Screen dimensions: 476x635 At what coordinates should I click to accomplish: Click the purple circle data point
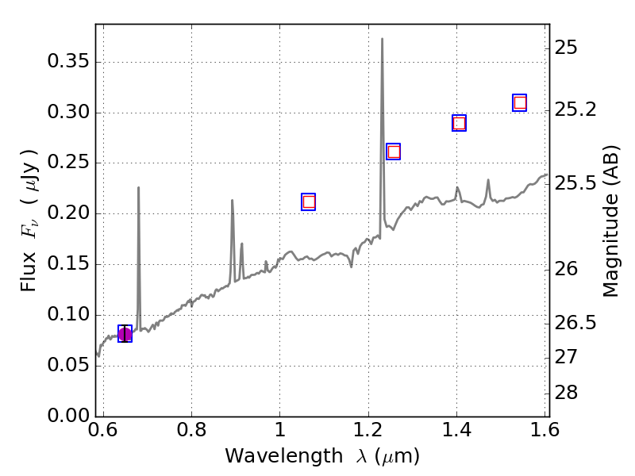click(125, 334)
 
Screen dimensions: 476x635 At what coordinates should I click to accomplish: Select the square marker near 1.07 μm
click(309, 202)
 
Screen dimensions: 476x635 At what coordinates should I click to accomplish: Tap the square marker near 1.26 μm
click(393, 152)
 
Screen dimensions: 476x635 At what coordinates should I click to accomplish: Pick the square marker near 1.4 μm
click(459, 123)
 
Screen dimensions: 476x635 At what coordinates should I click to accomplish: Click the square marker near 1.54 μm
click(520, 102)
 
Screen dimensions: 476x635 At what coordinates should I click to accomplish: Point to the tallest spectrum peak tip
click(382, 39)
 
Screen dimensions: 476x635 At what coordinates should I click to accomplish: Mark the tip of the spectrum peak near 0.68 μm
click(139, 188)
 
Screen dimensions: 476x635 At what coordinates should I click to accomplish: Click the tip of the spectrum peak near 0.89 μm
click(232, 200)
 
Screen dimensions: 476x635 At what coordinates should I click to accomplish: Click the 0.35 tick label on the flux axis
click(64, 62)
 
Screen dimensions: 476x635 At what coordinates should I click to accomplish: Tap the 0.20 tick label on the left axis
click(64, 214)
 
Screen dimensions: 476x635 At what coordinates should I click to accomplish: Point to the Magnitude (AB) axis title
click(610, 221)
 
